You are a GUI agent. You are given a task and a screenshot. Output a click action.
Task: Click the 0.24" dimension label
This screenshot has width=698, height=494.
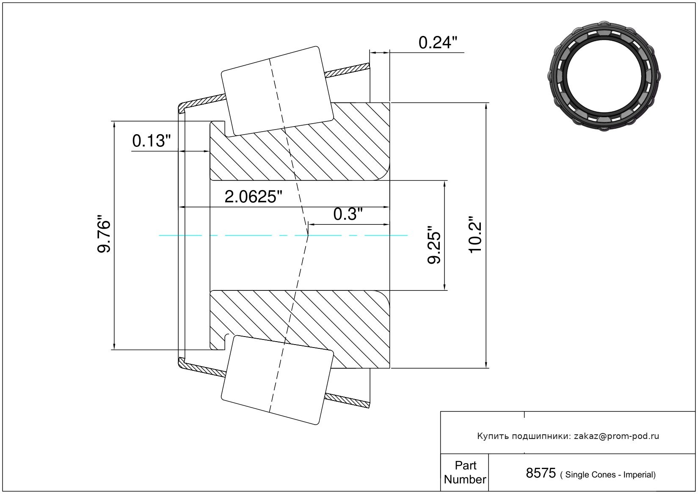(x=438, y=43)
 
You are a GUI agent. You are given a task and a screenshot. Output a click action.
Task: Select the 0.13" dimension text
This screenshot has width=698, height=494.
(x=152, y=141)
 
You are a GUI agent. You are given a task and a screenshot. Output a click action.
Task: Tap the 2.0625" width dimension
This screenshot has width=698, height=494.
(x=253, y=197)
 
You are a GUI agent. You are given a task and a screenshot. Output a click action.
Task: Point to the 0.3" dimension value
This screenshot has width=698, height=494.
(x=348, y=214)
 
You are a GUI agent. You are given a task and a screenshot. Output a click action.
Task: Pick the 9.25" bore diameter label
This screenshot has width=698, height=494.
(x=434, y=245)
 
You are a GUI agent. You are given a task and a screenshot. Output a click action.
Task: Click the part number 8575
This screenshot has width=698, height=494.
(x=541, y=473)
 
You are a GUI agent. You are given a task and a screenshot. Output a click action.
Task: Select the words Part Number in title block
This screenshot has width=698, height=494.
(x=465, y=472)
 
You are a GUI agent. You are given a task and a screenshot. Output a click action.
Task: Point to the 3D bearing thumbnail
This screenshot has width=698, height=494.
(x=604, y=76)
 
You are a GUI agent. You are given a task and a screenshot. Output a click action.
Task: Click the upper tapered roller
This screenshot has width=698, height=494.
(x=277, y=91)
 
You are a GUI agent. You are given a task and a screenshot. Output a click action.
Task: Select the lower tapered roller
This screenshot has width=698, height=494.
(x=277, y=380)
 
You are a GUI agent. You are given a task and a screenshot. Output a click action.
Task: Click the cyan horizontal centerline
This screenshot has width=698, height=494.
(x=283, y=235)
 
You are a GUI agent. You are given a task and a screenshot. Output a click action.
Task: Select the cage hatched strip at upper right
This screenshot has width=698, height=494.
(x=347, y=70)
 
